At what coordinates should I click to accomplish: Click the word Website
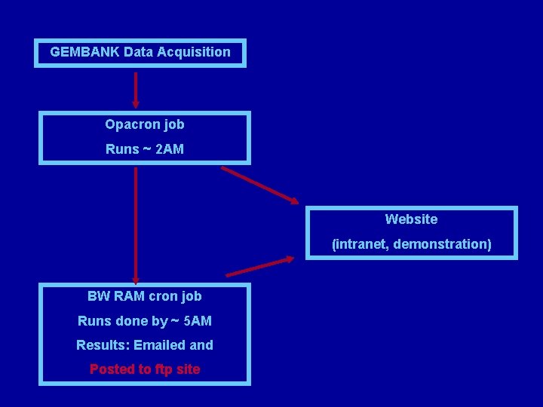pos(411,219)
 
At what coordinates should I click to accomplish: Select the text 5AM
pos(198,321)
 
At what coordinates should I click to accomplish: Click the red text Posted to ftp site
pos(145,369)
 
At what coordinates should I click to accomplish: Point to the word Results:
pos(101,345)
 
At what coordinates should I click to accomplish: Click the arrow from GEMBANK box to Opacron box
pos(136,90)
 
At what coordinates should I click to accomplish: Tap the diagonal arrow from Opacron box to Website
pos(259,185)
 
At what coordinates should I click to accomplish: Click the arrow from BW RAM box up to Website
pos(260,266)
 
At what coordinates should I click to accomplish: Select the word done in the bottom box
pos(134,321)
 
